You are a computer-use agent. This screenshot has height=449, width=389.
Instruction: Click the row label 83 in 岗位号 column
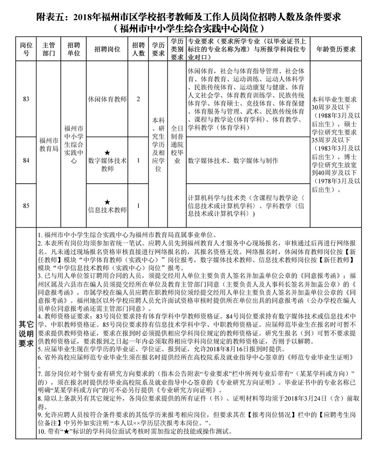pyautogui.click(x=26, y=99)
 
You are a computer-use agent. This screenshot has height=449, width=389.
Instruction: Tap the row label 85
pyautogui.click(x=26, y=205)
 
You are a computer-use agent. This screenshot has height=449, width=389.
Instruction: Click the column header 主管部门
pyautogui.click(x=49, y=49)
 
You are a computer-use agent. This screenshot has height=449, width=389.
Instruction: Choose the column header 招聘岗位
pyautogui.click(x=107, y=49)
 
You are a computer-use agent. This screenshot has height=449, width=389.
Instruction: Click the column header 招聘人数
pyautogui.click(x=138, y=49)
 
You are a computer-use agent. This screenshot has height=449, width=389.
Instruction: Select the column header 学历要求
pyautogui.click(x=158, y=49)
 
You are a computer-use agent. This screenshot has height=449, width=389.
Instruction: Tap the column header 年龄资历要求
pyautogui.click(x=336, y=49)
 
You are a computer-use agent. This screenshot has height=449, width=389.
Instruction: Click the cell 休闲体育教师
pyautogui.click(x=107, y=99)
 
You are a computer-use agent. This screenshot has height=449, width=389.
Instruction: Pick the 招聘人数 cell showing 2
pyautogui.click(x=138, y=99)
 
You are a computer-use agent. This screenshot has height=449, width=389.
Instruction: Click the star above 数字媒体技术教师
pyautogui.click(x=107, y=152)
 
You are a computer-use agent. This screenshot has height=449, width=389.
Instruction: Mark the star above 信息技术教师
pyautogui.click(x=107, y=202)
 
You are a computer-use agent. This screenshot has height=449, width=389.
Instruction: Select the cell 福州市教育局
pyautogui.click(x=49, y=145)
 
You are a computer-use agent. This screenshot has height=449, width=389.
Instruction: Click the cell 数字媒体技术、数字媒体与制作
pyautogui.click(x=233, y=161)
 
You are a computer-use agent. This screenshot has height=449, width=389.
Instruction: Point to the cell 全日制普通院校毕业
pyautogui.click(x=177, y=144)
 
